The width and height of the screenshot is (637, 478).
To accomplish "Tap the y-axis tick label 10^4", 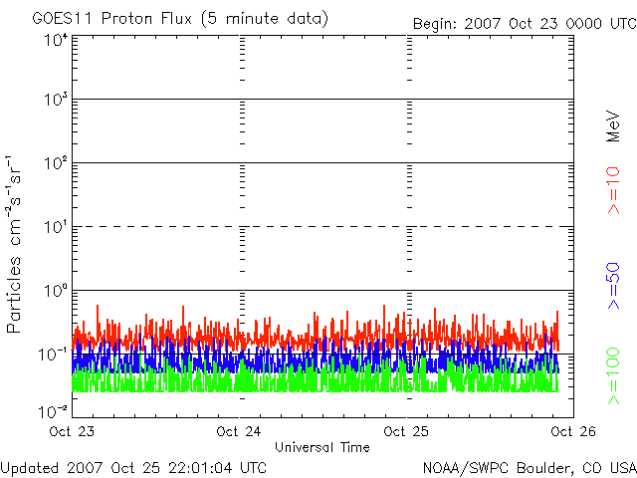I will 55,40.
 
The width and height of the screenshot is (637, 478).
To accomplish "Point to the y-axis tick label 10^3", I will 55,101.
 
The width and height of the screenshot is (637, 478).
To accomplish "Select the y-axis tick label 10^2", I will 55,163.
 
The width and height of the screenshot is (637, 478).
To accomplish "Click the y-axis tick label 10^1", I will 55,227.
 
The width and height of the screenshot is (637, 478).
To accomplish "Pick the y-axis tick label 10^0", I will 55,291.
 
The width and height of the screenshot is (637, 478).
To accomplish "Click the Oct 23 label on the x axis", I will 72,432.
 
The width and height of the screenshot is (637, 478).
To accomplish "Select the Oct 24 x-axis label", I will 239,432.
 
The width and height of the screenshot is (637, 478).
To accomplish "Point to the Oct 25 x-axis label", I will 407,432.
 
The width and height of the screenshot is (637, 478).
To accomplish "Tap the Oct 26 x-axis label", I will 571,432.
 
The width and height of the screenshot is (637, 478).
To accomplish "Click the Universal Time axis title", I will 321,447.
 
